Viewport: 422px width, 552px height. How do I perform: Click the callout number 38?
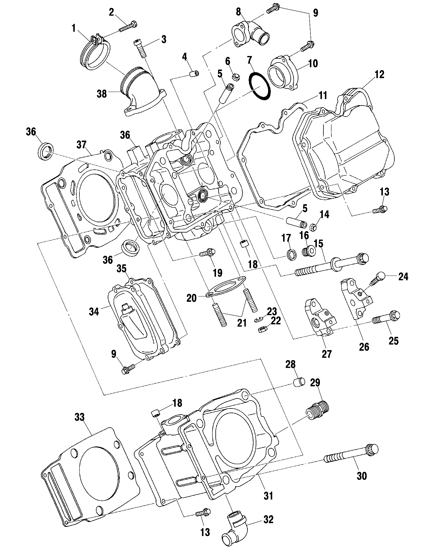click(102, 94)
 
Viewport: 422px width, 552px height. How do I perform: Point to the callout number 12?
click(379, 75)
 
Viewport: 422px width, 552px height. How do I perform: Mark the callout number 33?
click(80, 417)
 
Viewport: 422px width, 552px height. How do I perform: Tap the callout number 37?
click(81, 144)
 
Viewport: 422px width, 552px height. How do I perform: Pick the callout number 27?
click(327, 353)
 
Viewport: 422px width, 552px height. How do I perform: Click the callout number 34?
click(94, 312)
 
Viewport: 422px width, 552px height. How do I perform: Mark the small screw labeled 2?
click(128, 26)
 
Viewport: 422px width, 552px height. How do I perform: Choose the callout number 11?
click(323, 95)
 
